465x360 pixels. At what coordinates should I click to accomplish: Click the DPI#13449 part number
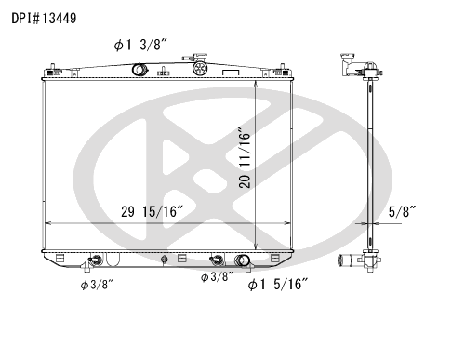[44, 19]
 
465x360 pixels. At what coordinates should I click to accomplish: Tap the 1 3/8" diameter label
[140, 46]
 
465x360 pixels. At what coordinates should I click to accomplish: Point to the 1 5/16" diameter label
[278, 284]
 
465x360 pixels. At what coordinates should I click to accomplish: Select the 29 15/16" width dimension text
[152, 212]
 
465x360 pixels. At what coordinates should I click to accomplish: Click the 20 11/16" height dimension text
[245, 157]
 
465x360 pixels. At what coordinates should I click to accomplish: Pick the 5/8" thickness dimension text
[402, 212]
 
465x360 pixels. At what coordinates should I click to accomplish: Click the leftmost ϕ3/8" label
[97, 285]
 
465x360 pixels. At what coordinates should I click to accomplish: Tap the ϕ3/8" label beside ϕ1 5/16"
[217, 276]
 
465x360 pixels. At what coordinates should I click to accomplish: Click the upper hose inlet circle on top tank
[139, 69]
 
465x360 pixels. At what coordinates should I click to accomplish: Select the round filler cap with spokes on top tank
[199, 68]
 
